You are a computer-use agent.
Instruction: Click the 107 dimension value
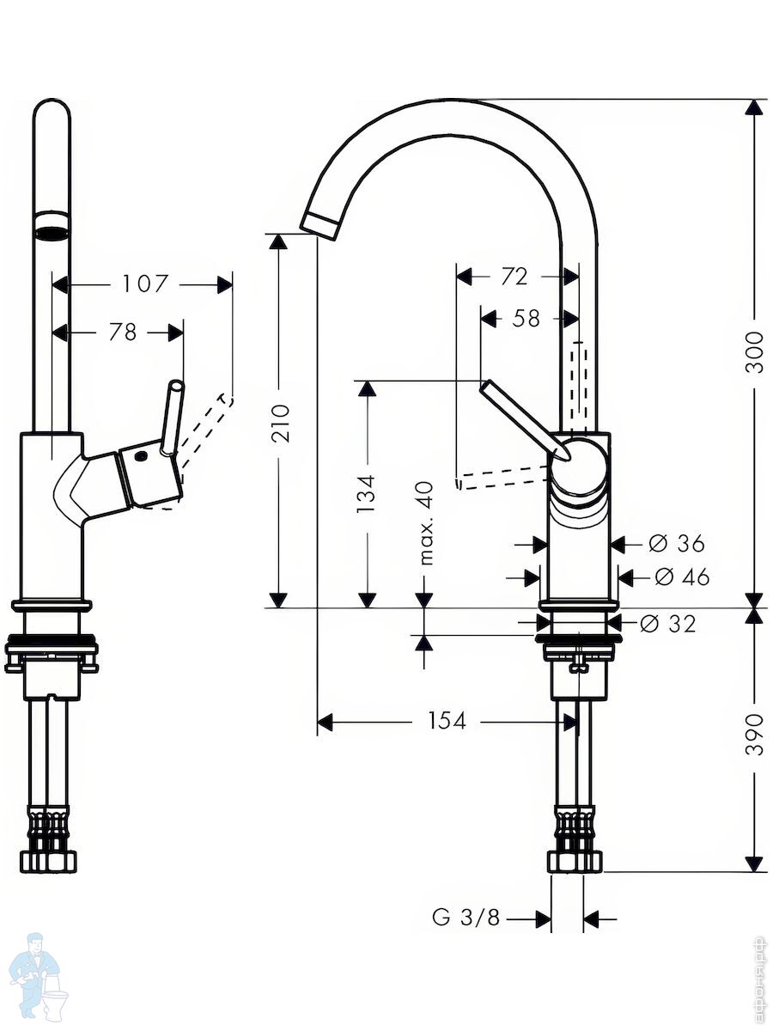144,284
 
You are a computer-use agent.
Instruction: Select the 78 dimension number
123,332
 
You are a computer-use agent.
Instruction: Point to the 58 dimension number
526,318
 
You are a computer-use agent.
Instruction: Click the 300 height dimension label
754,352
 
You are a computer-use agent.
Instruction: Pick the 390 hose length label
754,734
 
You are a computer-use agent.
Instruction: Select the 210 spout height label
281,423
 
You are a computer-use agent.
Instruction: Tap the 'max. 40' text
427,522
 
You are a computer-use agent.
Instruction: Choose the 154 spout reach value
447,721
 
